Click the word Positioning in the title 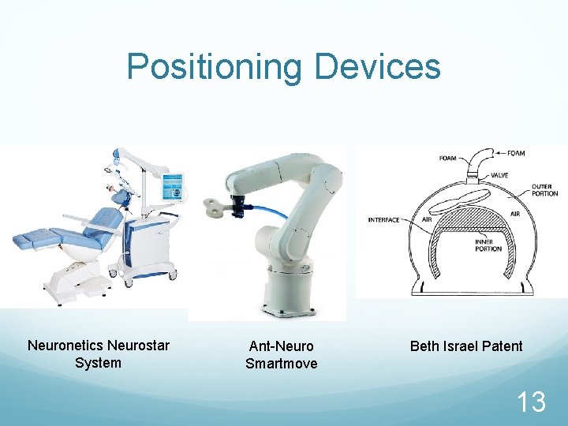(x=213, y=67)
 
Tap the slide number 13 (x=531, y=402)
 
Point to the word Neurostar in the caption (x=140, y=346)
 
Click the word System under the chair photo (x=98, y=363)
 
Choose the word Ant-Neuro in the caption (x=281, y=346)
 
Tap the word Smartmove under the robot (x=281, y=364)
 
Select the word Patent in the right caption (x=501, y=346)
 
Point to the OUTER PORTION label (x=544, y=190)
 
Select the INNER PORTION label (x=488, y=245)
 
